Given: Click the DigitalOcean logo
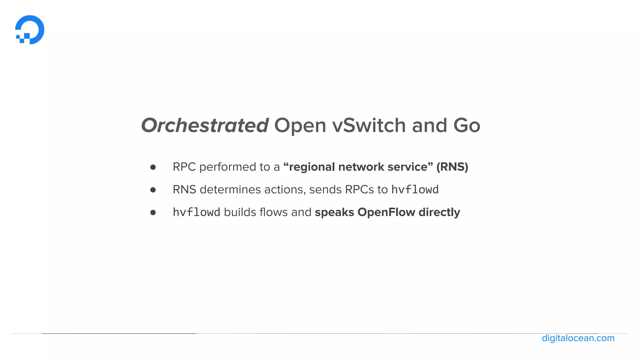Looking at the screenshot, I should pyautogui.click(x=30, y=30).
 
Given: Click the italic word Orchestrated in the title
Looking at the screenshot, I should pyautogui.click(x=205, y=125).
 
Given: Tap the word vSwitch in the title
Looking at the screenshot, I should pyautogui.click(x=369, y=125).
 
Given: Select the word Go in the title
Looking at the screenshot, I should pyautogui.click(x=467, y=125).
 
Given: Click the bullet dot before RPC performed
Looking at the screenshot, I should pyautogui.click(x=153, y=167).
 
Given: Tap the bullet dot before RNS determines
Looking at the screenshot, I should pyautogui.click(x=153, y=190).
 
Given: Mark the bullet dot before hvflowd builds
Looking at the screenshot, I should pyautogui.click(x=153, y=212).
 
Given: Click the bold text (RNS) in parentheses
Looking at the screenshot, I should pyautogui.click(x=452, y=167).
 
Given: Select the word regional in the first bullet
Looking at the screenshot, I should pyautogui.click(x=312, y=167).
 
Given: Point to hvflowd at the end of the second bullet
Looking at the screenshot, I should pyautogui.click(x=415, y=190).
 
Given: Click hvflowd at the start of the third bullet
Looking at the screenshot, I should pyautogui.click(x=197, y=212).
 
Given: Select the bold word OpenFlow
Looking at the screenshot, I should pyautogui.click(x=387, y=212).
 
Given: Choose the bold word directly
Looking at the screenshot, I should pyautogui.click(x=439, y=212).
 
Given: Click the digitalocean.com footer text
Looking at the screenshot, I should pyautogui.click(x=578, y=338).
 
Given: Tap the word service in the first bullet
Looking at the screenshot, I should pyautogui.click(x=407, y=167).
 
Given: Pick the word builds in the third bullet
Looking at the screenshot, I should pyautogui.click(x=240, y=212).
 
